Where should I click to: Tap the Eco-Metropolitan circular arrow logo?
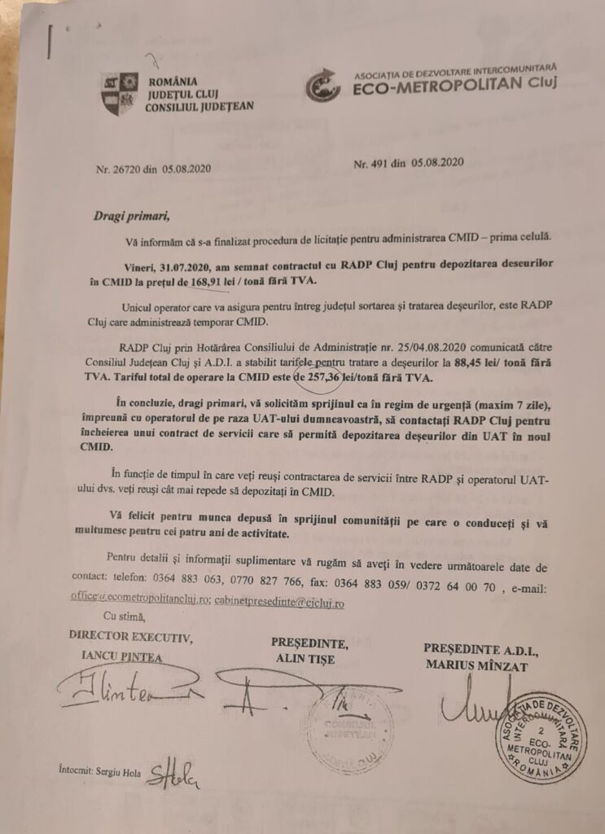tap(322, 85)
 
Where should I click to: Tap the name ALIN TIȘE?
tap(305, 660)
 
